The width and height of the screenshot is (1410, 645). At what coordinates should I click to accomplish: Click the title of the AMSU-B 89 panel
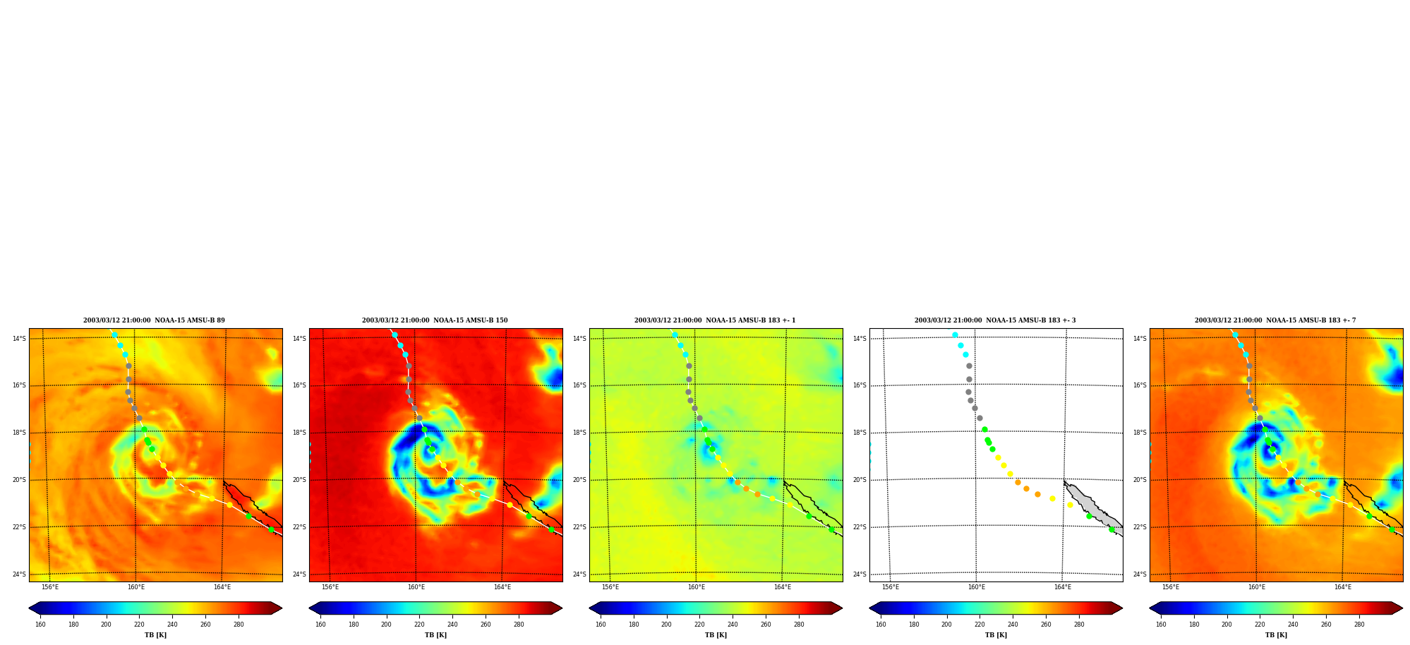(x=154, y=320)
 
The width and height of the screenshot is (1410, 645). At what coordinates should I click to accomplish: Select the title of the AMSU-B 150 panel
(x=435, y=320)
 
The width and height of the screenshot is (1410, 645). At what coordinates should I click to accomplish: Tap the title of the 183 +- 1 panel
(x=715, y=320)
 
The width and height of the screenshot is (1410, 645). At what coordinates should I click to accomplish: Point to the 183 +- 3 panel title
(x=995, y=320)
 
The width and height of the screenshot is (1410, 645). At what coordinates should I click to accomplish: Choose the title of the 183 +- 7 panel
(x=1275, y=320)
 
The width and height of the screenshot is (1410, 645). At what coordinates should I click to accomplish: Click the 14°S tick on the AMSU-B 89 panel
(x=19, y=339)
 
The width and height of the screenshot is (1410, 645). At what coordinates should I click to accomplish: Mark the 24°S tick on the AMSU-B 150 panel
(x=299, y=574)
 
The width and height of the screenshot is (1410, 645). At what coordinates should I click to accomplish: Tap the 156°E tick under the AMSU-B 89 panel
(x=50, y=587)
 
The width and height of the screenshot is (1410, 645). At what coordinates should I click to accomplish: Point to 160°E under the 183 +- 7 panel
(x=1257, y=587)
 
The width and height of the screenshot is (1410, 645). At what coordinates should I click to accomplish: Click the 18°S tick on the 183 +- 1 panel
(x=579, y=433)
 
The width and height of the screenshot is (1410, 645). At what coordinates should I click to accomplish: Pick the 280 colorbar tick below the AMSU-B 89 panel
(x=239, y=625)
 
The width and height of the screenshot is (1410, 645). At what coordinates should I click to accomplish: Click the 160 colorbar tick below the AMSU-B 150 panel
(x=320, y=625)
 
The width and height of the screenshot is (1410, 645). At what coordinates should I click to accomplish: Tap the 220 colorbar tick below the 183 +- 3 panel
(x=980, y=625)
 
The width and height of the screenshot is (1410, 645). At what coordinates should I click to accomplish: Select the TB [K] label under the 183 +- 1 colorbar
(x=716, y=635)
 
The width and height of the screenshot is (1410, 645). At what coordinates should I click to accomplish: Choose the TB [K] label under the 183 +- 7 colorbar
(x=1276, y=635)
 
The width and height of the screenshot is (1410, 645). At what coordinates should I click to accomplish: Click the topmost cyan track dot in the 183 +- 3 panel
(x=955, y=334)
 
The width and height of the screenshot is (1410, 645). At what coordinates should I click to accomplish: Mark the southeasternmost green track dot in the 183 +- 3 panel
(x=1111, y=529)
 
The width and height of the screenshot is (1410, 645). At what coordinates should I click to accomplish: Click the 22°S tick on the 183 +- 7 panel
(x=1140, y=527)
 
